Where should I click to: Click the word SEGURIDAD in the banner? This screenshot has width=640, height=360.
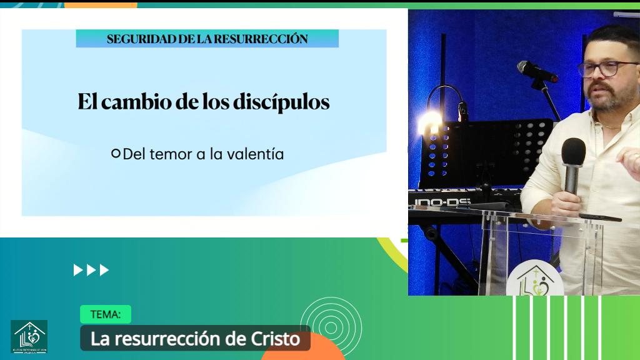133,39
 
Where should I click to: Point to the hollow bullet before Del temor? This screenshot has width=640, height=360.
115,153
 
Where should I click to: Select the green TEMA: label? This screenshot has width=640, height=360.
106,314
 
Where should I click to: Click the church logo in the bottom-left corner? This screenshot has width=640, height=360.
29,337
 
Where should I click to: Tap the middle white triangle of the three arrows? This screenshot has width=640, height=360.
91,270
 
